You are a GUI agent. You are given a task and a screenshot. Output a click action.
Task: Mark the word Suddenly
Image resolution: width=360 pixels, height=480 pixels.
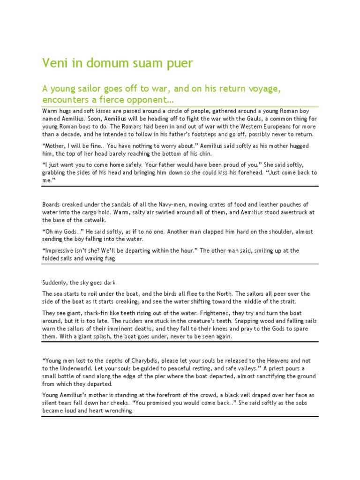click(56, 282)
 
